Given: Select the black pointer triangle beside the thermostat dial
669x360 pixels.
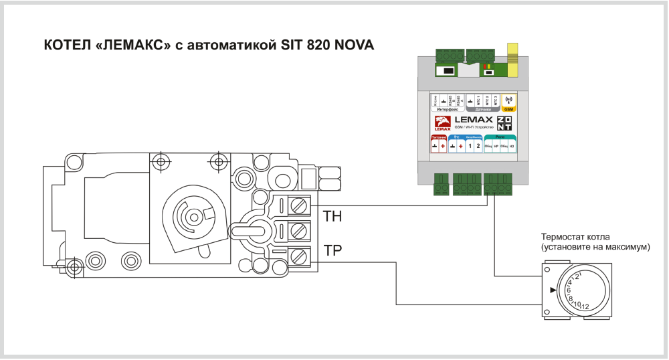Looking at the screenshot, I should click(x=553, y=290).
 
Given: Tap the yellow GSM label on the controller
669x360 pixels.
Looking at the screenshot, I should click(x=508, y=109).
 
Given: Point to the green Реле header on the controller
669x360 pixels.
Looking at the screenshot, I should click(x=500, y=136).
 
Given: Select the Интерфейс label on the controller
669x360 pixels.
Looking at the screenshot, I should click(x=447, y=109).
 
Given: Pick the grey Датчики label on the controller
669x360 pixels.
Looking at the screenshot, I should click(x=483, y=109).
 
